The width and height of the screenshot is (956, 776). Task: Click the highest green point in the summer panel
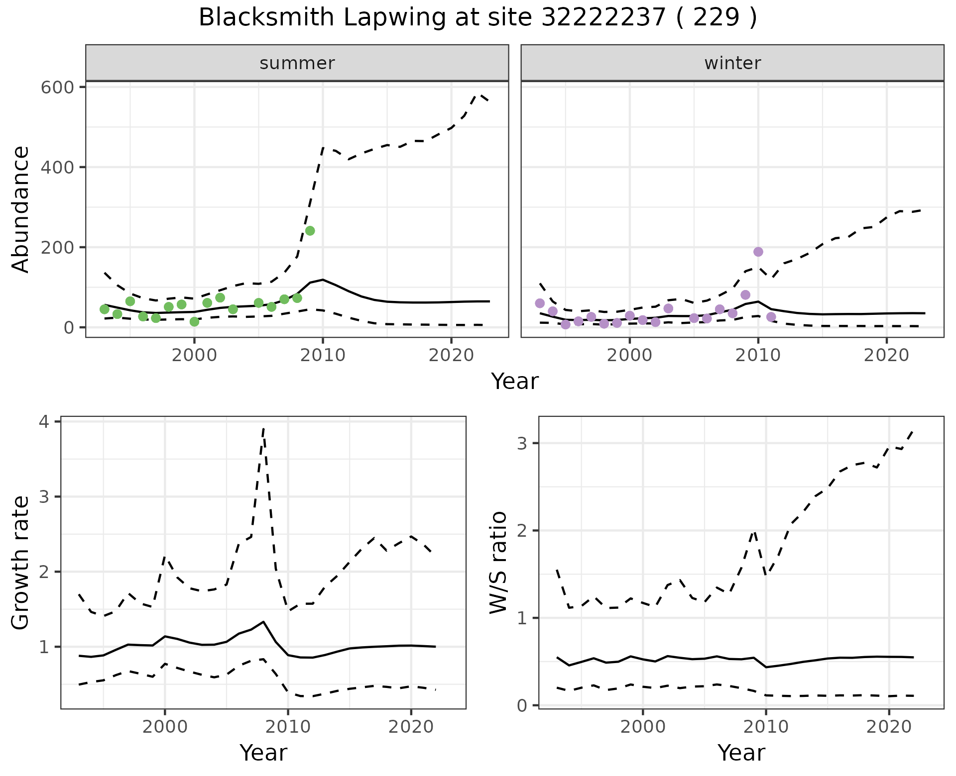click(310, 231)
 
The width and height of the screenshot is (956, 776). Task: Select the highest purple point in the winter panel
click(758, 252)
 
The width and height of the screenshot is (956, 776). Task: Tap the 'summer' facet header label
click(297, 63)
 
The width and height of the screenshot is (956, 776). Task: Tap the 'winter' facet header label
click(732, 63)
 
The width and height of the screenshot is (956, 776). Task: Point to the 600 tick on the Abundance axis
click(58, 88)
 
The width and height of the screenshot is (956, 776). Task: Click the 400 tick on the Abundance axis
click(58, 168)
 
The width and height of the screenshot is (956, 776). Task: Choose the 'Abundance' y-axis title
click(21, 209)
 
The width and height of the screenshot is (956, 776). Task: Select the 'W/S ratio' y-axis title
click(498, 562)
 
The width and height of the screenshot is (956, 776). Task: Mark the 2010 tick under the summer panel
click(323, 356)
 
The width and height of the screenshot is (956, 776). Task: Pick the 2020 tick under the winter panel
click(886, 356)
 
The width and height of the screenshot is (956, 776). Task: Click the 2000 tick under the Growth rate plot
click(165, 727)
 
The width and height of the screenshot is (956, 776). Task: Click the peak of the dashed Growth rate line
click(263, 428)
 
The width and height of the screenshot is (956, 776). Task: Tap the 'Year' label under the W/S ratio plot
click(741, 753)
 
